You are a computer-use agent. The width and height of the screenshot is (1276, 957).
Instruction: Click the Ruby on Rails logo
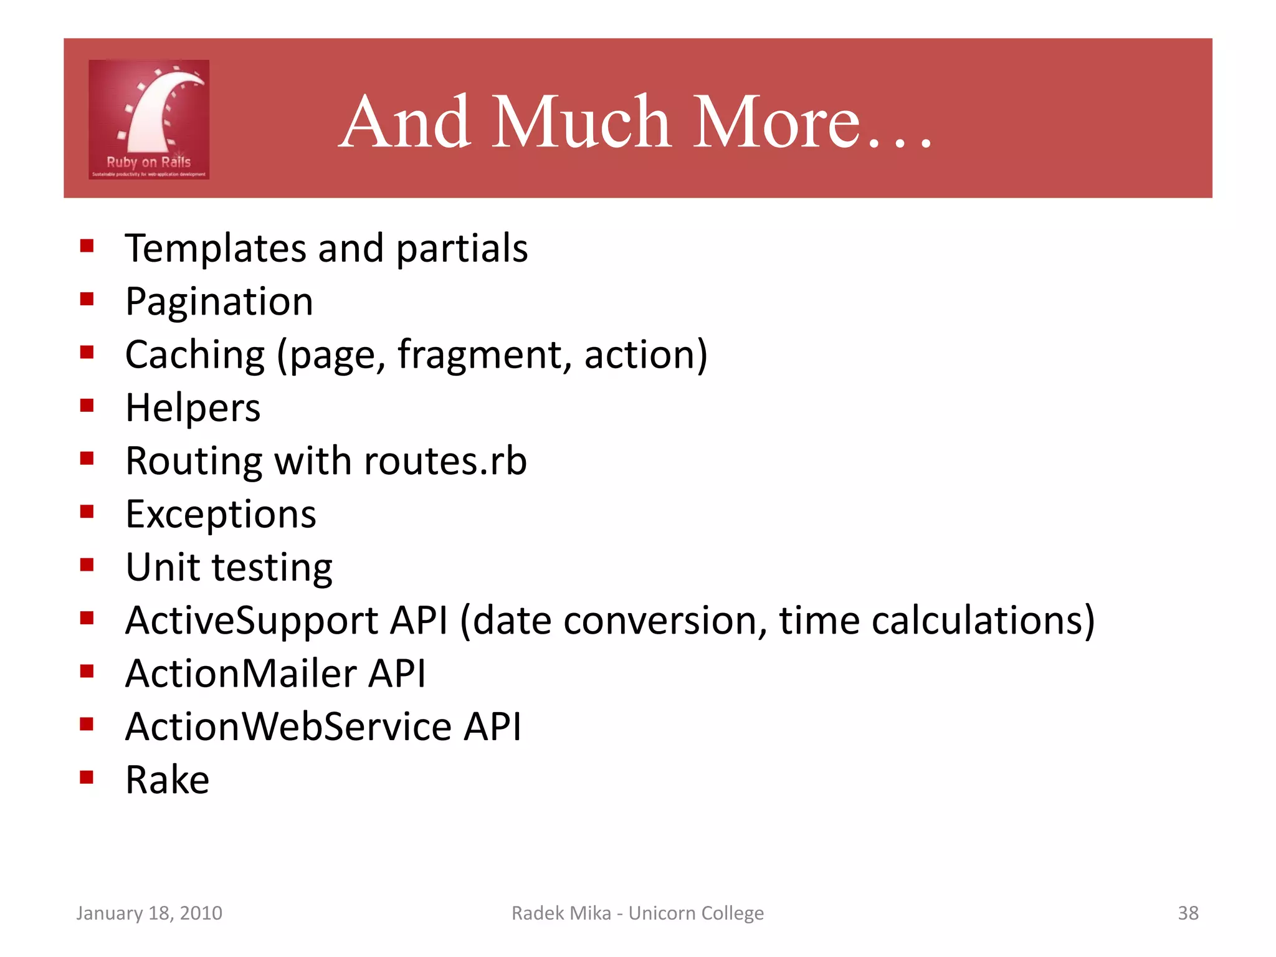(x=149, y=120)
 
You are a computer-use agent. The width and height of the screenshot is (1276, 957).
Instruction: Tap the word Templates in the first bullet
(x=215, y=249)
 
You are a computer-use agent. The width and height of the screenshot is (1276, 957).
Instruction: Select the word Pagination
(x=219, y=302)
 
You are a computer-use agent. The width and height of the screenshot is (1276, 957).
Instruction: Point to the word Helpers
(x=193, y=408)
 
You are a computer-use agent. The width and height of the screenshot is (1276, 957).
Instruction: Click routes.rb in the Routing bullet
(x=445, y=461)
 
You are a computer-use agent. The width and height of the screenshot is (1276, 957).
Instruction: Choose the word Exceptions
(x=221, y=515)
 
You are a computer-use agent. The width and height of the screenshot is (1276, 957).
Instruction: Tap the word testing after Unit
(x=272, y=568)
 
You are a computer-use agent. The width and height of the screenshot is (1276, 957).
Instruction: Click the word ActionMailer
(x=241, y=674)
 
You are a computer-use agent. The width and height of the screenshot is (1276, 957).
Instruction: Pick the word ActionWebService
(x=288, y=726)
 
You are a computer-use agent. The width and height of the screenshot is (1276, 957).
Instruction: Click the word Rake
(x=167, y=780)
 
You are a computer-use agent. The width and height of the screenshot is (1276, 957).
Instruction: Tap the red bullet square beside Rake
(x=87, y=777)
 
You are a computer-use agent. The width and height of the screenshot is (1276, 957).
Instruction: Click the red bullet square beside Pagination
(x=87, y=300)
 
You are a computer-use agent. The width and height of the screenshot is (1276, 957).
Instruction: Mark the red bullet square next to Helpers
(x=87, y=406)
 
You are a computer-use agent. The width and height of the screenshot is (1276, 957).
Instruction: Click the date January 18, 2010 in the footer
(x=149, y=913)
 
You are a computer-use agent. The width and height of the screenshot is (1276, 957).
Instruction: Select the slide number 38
(x=1188, y=913)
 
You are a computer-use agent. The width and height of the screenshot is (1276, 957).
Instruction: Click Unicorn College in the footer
(x=695, y=913)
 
